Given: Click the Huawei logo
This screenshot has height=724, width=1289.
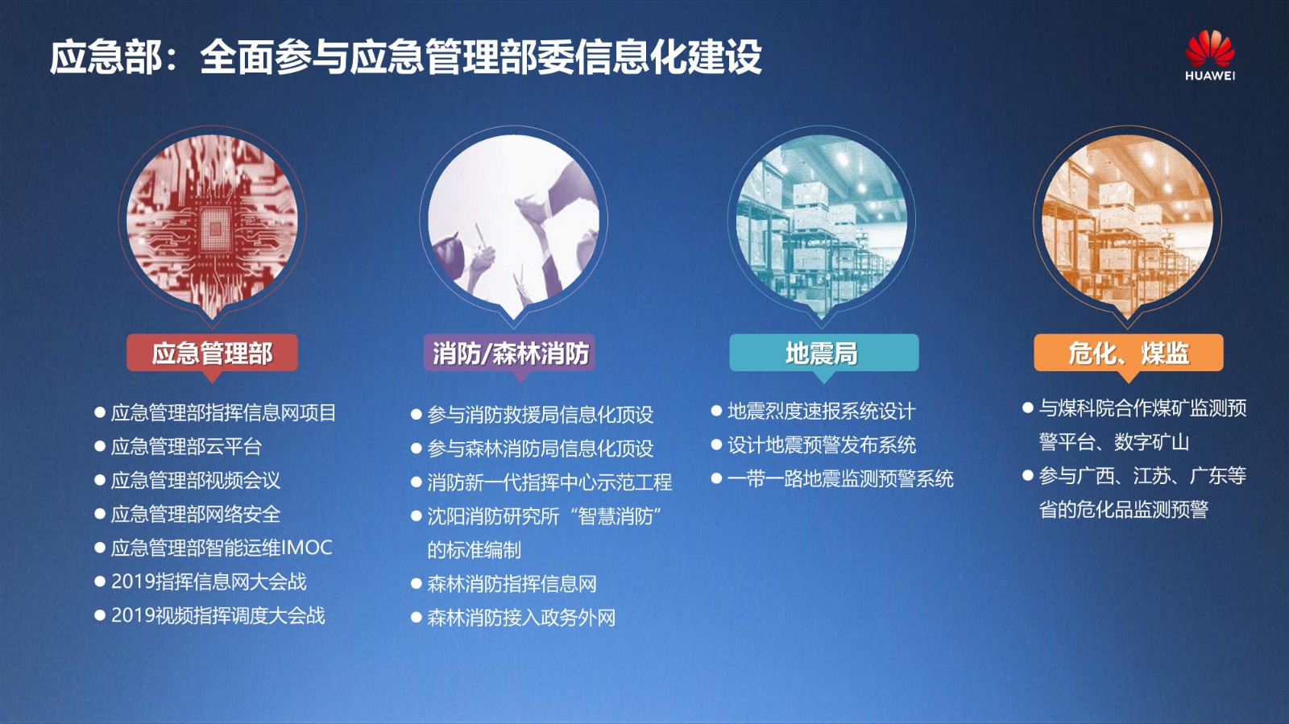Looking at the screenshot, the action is point(1209,56).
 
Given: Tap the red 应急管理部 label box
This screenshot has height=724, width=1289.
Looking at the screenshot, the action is point(212,353).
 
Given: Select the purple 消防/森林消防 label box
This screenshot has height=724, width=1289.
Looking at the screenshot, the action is point(510,353).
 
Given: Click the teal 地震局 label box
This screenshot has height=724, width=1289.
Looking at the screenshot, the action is point(823,353).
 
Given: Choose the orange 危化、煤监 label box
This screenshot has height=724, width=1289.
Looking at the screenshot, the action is point(1129,353).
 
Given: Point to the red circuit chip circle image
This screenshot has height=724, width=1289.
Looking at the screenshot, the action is point(212,221).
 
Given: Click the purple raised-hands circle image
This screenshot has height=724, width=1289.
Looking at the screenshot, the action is point(513,221).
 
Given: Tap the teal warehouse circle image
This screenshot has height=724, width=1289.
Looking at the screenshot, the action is point(822,221).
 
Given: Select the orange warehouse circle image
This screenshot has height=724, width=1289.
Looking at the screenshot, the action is point(1127,221).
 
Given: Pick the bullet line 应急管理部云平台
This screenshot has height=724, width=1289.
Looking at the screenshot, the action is point(186,446).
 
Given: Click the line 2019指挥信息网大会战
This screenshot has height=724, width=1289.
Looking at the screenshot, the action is point(209,581).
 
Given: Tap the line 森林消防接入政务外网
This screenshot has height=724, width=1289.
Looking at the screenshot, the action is point(521,618).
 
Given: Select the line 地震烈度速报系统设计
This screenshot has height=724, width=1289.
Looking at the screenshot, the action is point(821,412).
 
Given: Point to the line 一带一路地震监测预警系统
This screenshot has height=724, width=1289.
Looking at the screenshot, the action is point(840,478).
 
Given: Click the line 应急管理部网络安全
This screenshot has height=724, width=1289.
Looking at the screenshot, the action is point(196,514).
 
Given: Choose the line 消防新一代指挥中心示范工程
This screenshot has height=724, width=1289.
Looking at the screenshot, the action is point(549,482).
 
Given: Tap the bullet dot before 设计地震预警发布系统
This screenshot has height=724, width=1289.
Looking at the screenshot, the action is point(716,445).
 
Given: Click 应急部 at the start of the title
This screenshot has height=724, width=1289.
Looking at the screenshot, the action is point(106,56).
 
